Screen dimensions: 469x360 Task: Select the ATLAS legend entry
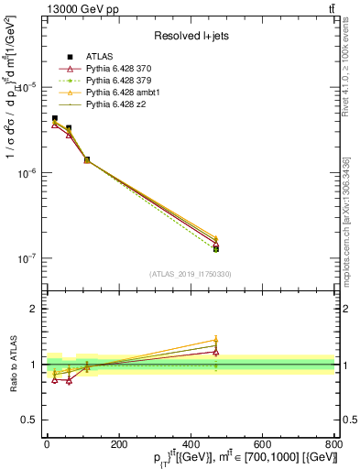(x=100, y=58)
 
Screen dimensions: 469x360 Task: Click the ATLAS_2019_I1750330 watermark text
(x=190, y=274)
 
